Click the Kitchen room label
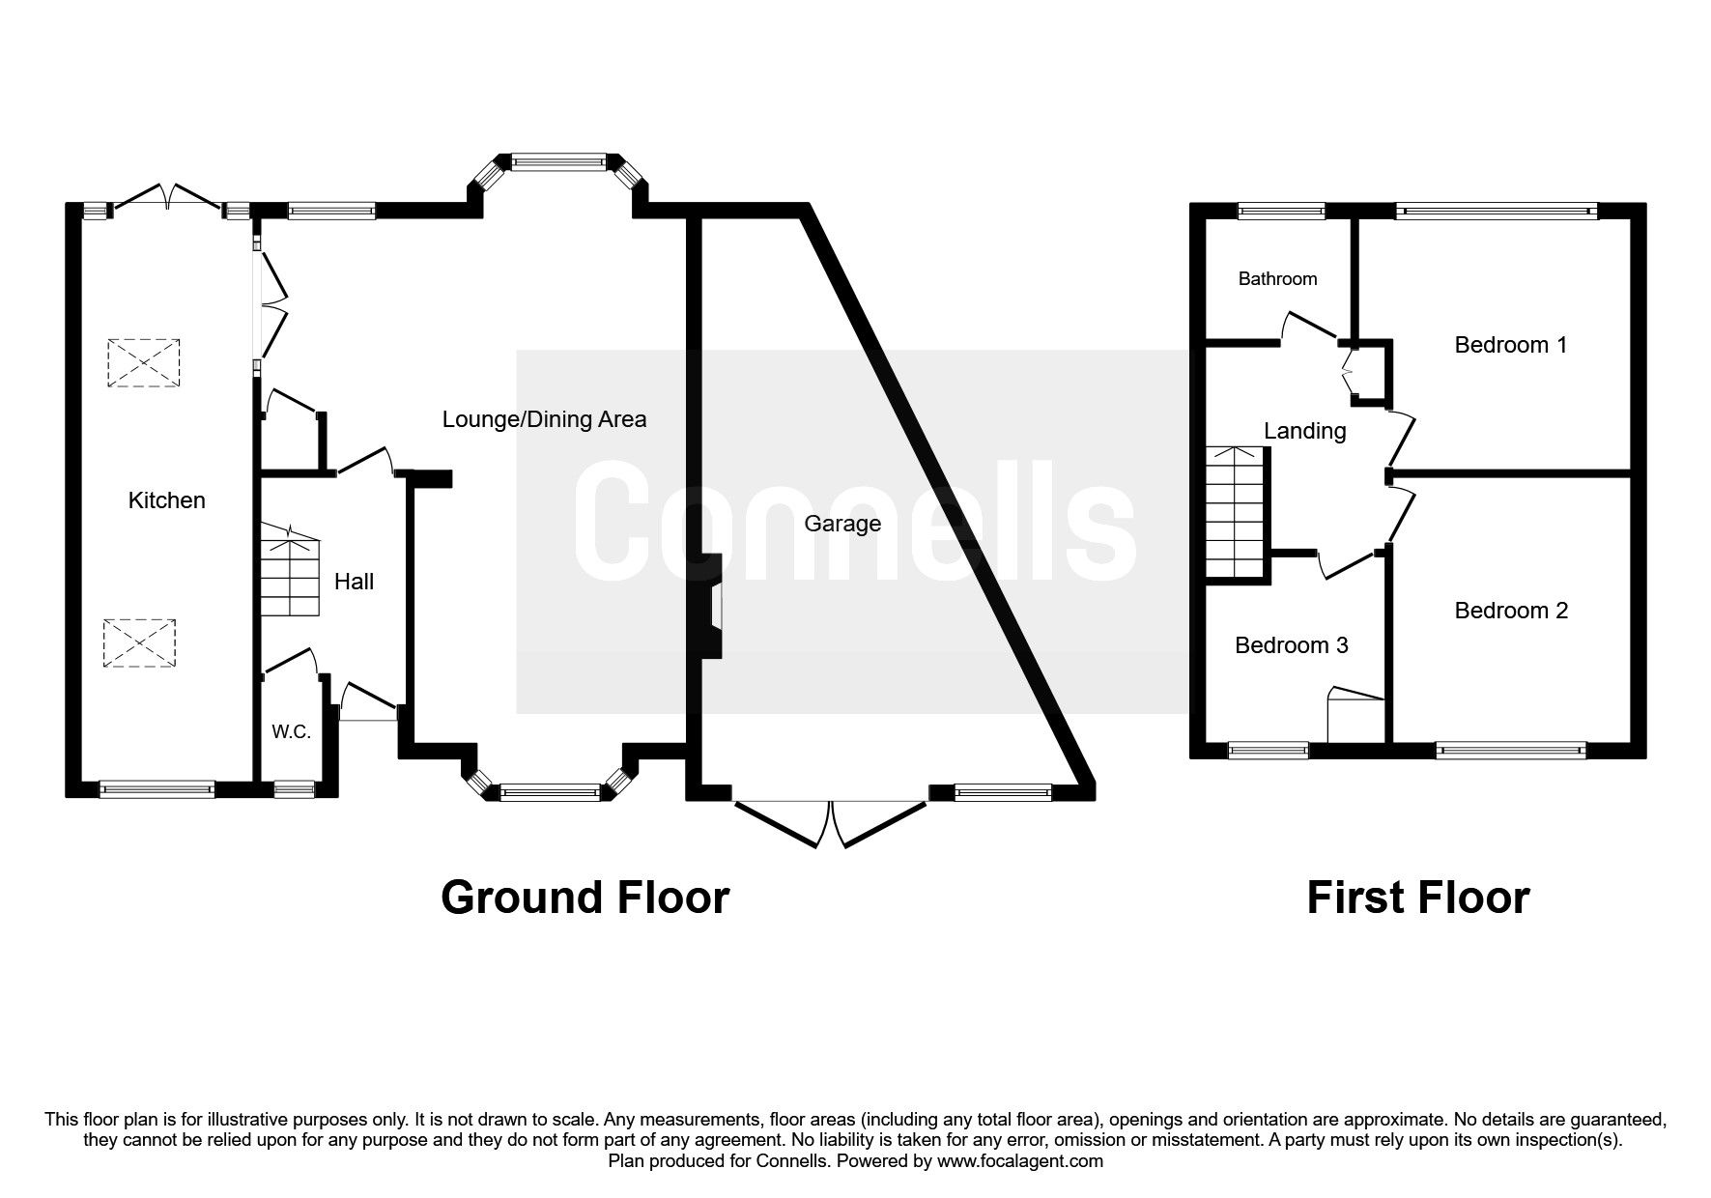pos(166,500)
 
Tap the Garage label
pos(841,524)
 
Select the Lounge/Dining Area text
pos(544,419)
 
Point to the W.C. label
pos(291,732)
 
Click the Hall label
pos(354,582)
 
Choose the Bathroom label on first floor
pos(1277,279)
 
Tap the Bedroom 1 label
pos(1511,345)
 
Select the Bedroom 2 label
pos(1511,611)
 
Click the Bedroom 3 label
pos(1291,645)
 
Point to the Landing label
pos(1304,431)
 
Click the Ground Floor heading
pos(585,898)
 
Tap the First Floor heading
pos(1417,898)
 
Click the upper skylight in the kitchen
pos(144,363)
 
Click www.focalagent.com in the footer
pos(1019,1161)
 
